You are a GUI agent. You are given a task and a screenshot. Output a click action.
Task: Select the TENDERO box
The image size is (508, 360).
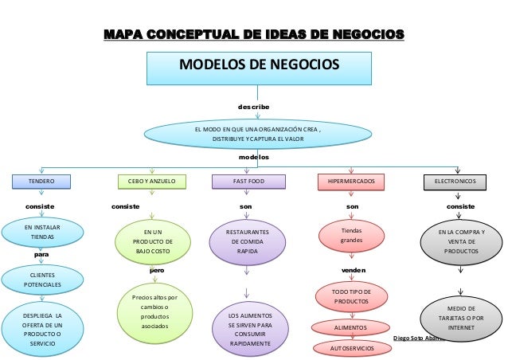pyautogui.click(x=41, y=182)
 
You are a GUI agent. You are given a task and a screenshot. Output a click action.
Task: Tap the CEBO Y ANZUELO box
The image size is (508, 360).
pyautogui.click(x=151, y=182)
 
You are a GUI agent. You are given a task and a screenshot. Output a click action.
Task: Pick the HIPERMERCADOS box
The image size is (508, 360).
pyautogui.click(x=351, y=182)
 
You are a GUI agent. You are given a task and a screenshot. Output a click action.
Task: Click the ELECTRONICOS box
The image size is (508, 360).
pyautogui.click(x=455, y=182)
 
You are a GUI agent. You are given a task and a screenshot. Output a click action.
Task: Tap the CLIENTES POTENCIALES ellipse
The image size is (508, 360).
pyautogui.click(x=38, y=279)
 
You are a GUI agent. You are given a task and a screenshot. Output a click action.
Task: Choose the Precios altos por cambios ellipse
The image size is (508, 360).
pyautogui.click(x=150, y=311)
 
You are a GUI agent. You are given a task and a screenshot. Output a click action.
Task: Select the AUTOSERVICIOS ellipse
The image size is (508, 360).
pyautogui.click(x=351, y=349)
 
